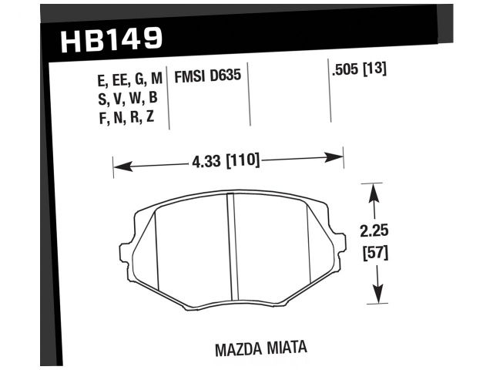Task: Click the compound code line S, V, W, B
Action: coord(119,99)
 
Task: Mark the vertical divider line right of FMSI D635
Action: coord(251,96)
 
